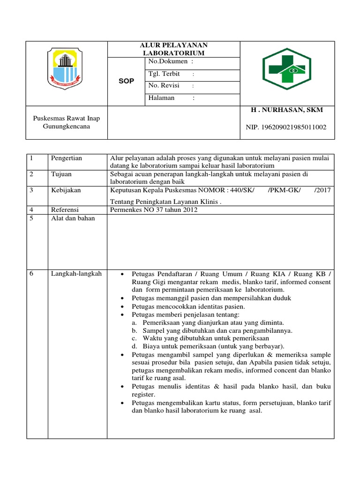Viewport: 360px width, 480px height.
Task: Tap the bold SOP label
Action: (x=126, y=81)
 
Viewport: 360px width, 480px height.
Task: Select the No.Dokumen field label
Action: (x=168, y=62)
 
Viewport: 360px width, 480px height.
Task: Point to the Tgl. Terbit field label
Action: (x=164, y=74)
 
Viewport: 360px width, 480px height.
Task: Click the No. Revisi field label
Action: (x=165, y=86)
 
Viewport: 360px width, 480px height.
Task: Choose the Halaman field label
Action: (x=161, y=98)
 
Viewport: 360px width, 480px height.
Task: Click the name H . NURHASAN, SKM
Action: (x=287, y=110)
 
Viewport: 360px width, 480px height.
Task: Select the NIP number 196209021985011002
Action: (x=286, y=127)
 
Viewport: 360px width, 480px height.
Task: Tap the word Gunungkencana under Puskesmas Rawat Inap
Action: (x=66, y=127)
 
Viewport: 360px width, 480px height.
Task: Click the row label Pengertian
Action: (x=66, y=158)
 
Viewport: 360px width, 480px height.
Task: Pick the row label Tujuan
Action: (x=61, y=174)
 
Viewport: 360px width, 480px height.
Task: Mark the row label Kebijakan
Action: (x=66, y=190)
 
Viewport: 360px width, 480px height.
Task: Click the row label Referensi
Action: (x=65, y=210)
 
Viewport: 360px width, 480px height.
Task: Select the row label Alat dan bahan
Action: (x=73, y=218)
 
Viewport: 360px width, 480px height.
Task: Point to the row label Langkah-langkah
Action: (x=76, y=274)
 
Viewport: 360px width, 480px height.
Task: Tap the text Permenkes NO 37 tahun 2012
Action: (x=154, y=210)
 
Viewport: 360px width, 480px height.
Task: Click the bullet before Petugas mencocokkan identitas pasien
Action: (x=122, y=307)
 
